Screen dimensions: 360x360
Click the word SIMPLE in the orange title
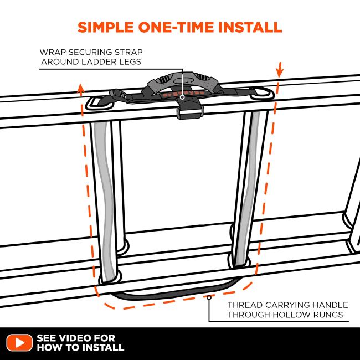(106, 27)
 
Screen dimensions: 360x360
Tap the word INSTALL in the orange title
(250, 27)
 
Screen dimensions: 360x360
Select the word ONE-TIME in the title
(176, 27)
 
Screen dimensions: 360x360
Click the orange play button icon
(19, 342)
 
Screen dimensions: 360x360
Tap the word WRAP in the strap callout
(53, 52)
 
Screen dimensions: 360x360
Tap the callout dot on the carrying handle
(209, 297)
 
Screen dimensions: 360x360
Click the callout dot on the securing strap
(182, 97)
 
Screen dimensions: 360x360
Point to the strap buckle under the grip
(190, 111)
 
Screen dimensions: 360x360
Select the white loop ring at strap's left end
(99, 104)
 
